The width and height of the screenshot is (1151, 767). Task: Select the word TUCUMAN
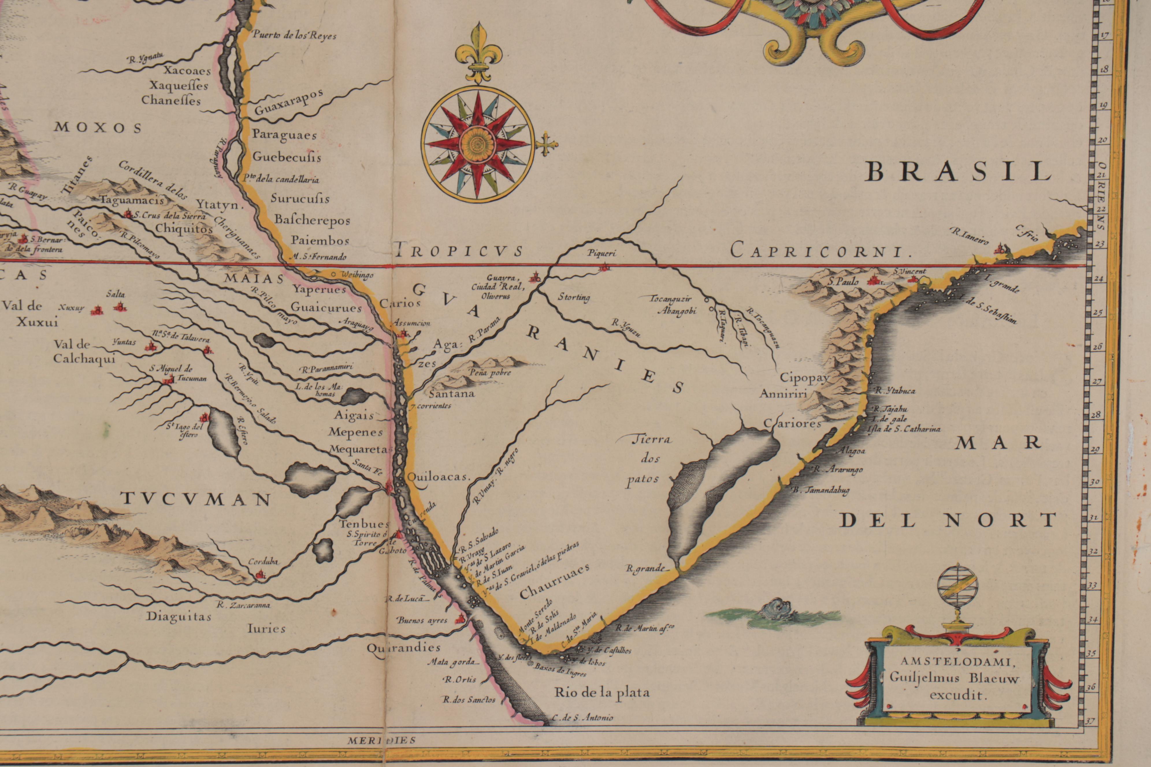[196, 499]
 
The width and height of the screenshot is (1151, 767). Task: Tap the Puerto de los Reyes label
[294, 36]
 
